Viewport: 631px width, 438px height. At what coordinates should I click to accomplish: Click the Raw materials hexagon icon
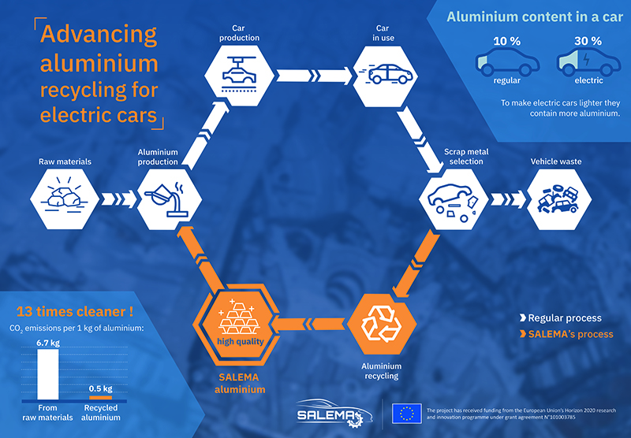point(65,199)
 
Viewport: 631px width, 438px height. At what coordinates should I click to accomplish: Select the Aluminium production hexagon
point(170,199)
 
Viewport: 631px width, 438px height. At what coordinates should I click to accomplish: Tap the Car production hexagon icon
point(240,76)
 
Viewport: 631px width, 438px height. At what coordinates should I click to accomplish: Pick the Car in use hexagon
point(385,76)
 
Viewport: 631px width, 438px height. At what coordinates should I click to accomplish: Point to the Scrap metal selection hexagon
point(454,199)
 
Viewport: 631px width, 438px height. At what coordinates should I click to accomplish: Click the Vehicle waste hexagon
point(559,199)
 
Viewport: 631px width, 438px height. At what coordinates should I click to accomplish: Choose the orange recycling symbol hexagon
point(382,324)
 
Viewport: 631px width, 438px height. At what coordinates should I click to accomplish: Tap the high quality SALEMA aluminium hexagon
point(237,325)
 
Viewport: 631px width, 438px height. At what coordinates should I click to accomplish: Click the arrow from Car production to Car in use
point(314,76)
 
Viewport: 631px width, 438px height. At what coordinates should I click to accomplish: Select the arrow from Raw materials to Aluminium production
point(119,199)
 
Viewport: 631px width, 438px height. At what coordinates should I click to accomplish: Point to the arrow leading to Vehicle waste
point(508,199)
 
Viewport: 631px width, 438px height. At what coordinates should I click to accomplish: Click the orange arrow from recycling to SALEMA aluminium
point(308,324)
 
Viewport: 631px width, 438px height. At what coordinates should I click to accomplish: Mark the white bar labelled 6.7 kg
point(48,374)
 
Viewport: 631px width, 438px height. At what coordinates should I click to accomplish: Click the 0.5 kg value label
point(101,388)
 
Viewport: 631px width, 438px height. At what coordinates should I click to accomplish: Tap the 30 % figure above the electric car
point(588,41)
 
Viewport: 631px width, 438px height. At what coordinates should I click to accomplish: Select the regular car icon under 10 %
point(507,62)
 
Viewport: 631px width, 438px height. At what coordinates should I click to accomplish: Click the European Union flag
point(407,414)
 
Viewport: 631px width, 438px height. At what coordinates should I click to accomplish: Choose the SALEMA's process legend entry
point(566,334)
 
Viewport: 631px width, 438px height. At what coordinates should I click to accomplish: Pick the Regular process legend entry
point(561,317)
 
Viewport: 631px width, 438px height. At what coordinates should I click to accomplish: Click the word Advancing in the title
point(99,35)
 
